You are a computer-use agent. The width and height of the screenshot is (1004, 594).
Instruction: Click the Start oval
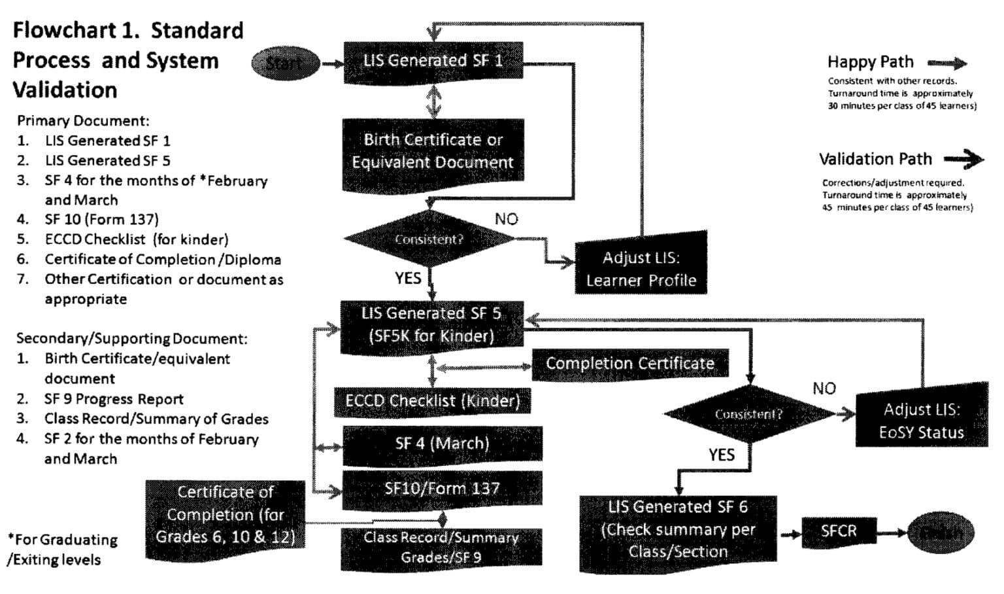pos(285,63)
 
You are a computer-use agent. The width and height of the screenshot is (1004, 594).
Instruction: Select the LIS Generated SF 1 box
pos(433,61)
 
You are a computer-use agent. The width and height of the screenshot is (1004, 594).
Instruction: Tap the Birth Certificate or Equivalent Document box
pos(433,151)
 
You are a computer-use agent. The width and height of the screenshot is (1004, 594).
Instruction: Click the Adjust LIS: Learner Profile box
pos(641,268)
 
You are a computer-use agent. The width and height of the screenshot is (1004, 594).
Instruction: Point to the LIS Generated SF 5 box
pos(431,324)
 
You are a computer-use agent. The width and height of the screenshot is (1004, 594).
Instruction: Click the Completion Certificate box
pos(629,364)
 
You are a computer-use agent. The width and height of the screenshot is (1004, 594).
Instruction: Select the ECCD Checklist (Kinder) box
pos(432,401)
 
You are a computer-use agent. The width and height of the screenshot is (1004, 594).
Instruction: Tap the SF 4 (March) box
pos(442,444)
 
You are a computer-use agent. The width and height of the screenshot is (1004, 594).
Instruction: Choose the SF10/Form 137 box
pos(442,489)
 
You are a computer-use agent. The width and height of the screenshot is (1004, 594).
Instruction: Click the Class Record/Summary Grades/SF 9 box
pos(441,548)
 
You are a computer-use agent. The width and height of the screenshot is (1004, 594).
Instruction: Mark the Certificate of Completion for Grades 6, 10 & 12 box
pos(225,515)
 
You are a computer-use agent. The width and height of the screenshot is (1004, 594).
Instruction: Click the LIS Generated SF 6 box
pos(678,529)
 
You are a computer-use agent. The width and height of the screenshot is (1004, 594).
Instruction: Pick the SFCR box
pos(839,531)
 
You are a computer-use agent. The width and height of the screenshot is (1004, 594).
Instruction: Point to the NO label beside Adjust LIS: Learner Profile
pos(507,219)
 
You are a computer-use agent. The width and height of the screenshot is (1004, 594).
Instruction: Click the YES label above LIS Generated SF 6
pos(722,455)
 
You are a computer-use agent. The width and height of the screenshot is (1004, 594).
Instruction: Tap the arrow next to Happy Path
pos(947,63)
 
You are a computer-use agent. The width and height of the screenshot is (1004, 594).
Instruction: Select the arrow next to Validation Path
pos(963,159)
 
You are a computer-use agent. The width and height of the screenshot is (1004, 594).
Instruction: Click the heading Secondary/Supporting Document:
pos(132,339)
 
